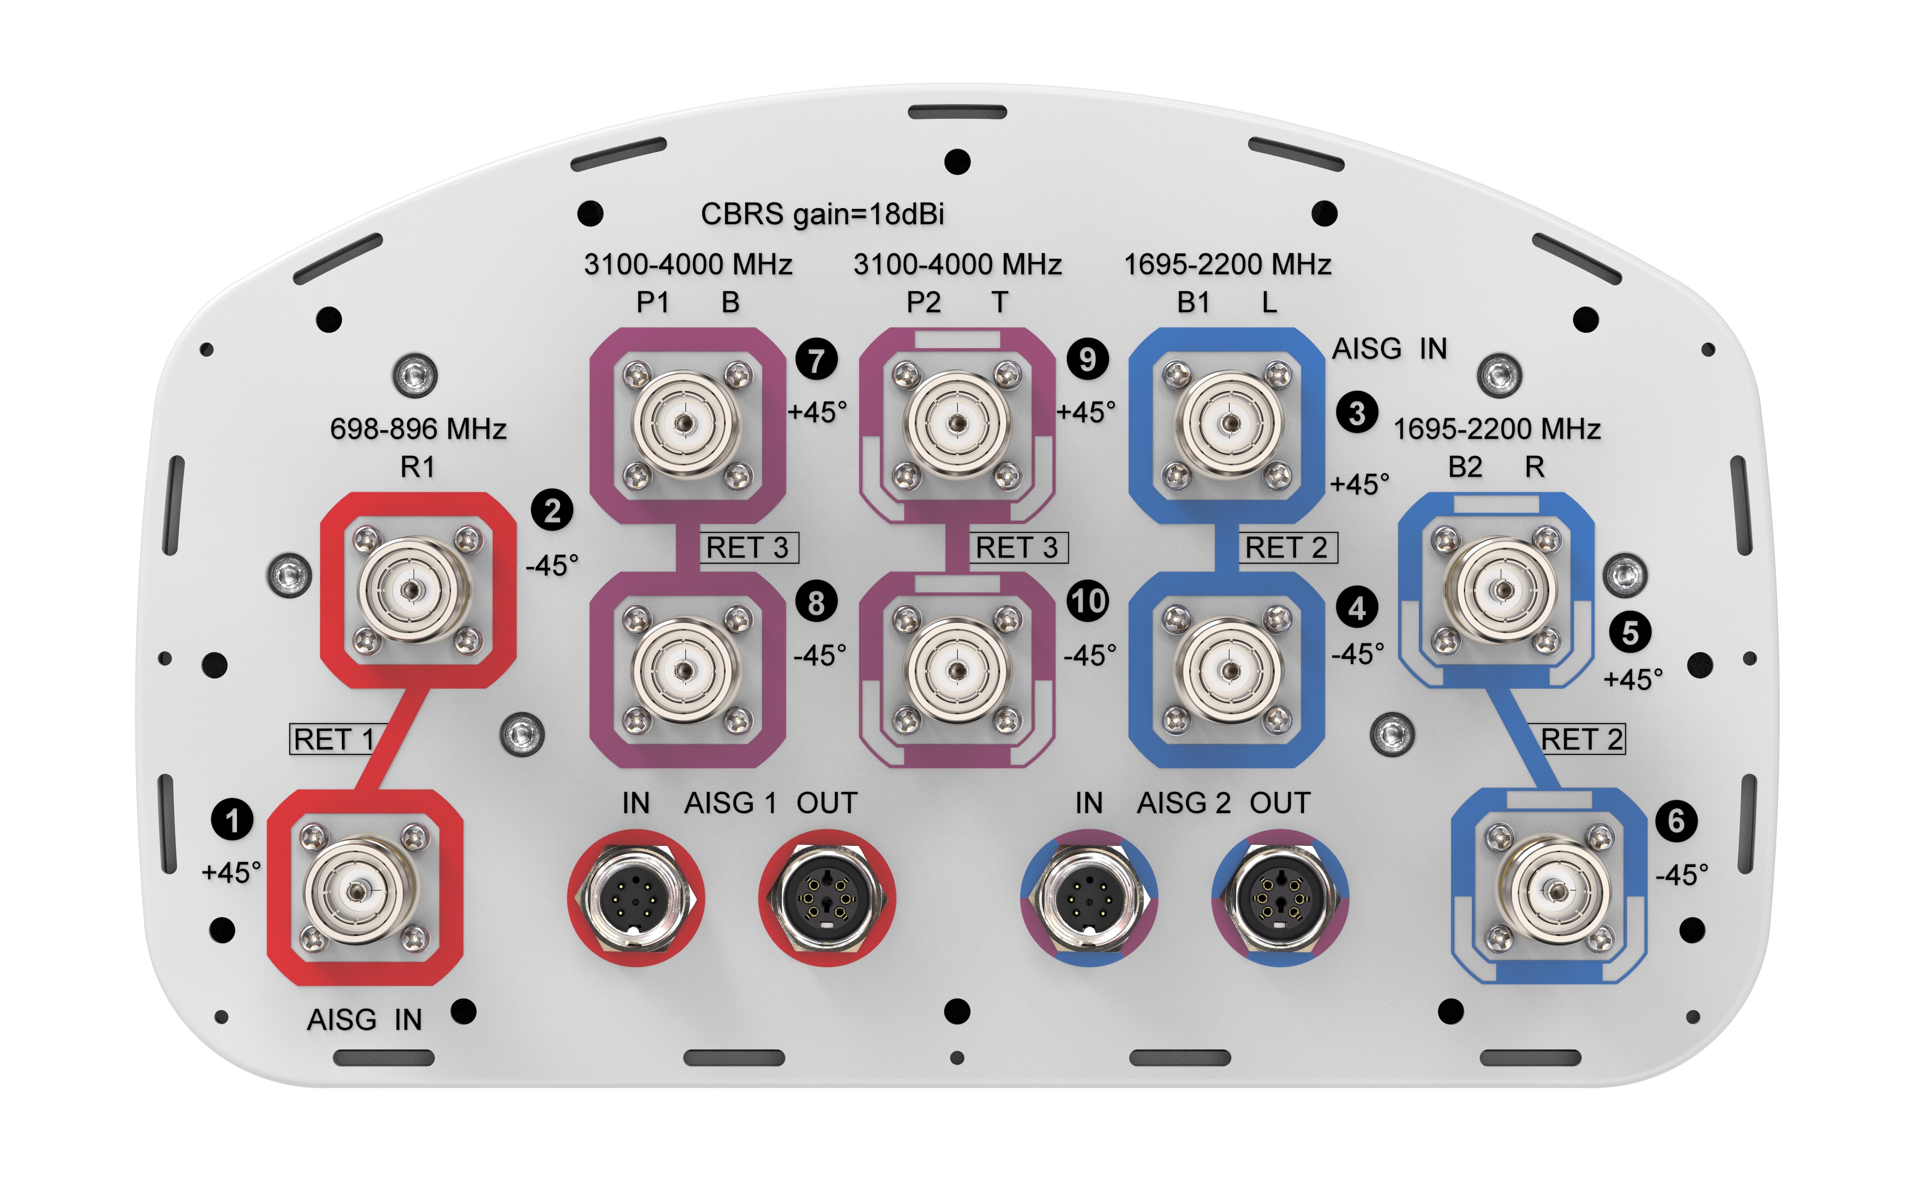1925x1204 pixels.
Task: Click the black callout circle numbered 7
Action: tap(816, 360)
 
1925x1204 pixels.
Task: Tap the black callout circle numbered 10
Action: tap(1088, 601)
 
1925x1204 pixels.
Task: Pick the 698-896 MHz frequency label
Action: tap(418, 429)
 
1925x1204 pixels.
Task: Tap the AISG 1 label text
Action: tap(730, 803)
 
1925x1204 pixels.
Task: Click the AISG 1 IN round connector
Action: tap(635, 898)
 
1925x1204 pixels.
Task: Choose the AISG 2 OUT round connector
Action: tap(1279, 898)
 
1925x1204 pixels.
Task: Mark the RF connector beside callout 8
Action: tap(685, 669)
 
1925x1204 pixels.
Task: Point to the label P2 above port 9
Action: tap(924, 303)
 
